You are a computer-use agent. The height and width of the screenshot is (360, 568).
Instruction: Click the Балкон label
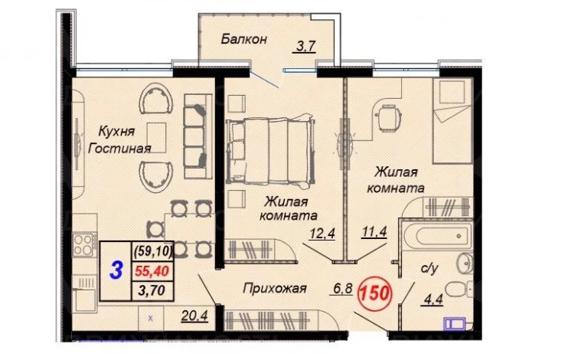tap(243, 38)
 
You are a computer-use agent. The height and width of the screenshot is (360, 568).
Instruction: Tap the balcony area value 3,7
tap(306, 47)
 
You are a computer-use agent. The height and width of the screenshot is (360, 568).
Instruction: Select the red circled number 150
tap(374, 293)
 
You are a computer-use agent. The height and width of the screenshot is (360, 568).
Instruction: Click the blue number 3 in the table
tap(116, 270)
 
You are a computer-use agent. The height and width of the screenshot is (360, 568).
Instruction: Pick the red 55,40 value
tap(152, 271)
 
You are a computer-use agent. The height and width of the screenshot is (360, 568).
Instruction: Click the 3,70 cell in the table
tap(152, 290)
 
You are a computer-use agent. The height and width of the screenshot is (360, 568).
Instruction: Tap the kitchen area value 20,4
tap(194, 316)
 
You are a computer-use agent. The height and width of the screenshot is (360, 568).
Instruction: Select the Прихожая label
tap(275, 288)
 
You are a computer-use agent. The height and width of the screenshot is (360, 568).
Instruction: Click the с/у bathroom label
tap(429, 268)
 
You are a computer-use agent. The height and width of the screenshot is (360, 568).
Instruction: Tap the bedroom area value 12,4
tap(322, 233)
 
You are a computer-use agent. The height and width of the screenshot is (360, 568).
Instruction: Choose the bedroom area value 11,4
tap(374, 231)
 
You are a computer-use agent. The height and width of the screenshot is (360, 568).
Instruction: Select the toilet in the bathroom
tap(459, 290)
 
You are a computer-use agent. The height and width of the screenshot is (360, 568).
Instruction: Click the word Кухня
tap(116, 132)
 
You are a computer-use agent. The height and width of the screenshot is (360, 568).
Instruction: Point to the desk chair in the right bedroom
tap(390, 116)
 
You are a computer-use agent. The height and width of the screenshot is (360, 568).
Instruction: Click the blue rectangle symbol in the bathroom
tap(455, 323)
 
